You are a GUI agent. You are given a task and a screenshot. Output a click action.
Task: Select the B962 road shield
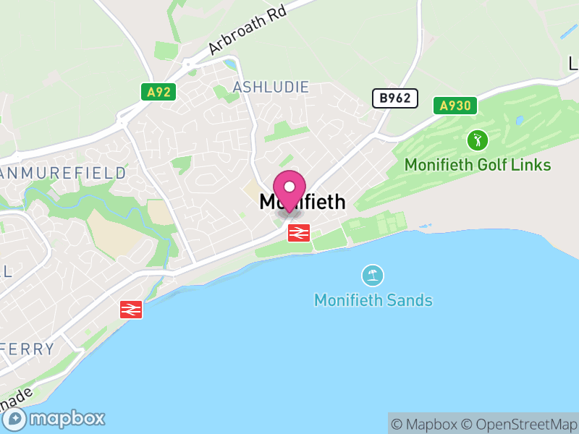tap(395, 98)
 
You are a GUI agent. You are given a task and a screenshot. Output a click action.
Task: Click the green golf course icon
tap(477, 140)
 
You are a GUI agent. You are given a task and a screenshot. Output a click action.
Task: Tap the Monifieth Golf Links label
tap(478, 165)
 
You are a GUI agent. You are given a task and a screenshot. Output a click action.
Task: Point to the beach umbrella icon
tap(373, 275)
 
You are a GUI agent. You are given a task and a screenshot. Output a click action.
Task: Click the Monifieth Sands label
tap(373, 299)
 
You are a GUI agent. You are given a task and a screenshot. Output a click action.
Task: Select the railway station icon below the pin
tap(299, 233)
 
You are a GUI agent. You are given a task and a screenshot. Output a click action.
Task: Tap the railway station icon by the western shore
tap(131, 310)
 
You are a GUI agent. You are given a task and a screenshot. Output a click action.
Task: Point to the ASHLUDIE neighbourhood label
tap(271, 87)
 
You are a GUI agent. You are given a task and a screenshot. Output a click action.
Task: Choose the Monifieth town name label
tap(303, 203)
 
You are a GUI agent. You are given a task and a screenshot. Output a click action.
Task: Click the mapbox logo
tap(55, 418)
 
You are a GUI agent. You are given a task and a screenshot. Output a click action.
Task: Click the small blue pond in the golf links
tap(518, 120)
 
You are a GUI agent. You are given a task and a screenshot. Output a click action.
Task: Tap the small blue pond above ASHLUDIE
tap(230, 66)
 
